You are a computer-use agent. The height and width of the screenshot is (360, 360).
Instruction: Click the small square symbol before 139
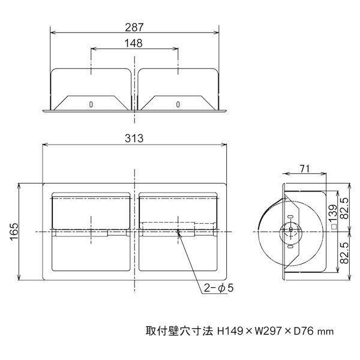click(332, 227)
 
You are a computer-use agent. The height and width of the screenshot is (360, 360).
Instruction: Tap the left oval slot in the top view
click(91, 104)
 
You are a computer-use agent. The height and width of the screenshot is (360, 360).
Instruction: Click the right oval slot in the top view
click(178, 104)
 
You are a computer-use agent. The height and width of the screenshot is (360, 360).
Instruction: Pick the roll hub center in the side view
click(291, 229)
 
